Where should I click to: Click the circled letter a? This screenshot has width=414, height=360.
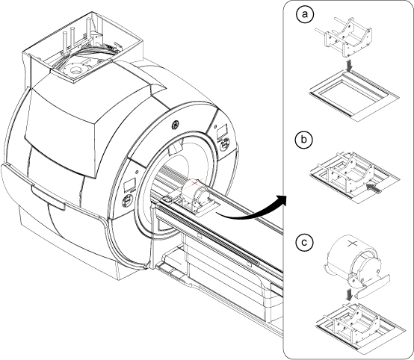(305, 14)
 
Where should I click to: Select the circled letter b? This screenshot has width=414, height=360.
(304, 139)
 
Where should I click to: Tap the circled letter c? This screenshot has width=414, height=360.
(304, 242)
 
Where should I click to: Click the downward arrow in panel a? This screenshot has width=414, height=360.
(350, 66)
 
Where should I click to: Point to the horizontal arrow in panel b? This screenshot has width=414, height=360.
(374, 188)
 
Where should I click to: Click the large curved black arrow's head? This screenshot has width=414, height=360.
(281, 200)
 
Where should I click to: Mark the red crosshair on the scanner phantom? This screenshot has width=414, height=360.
(194, 183)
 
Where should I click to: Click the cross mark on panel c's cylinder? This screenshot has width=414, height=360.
(351, 244)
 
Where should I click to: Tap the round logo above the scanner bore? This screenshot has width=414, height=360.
(176, 125)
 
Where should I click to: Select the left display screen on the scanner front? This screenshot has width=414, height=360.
(130, 184)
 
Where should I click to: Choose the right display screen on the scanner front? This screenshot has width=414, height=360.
(222, 131)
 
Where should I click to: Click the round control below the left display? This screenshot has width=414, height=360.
(127, 202)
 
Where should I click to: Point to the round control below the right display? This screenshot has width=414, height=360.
(225, 146)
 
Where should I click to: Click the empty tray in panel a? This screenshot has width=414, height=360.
(354, 96)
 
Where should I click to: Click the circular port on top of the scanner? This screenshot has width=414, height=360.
(76, 70)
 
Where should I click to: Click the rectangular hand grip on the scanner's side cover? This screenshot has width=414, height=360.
(48, 197)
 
